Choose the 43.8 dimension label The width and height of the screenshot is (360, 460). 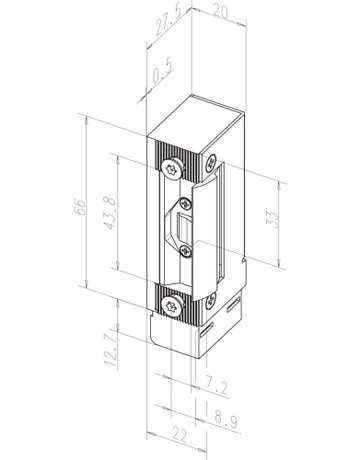113,211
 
